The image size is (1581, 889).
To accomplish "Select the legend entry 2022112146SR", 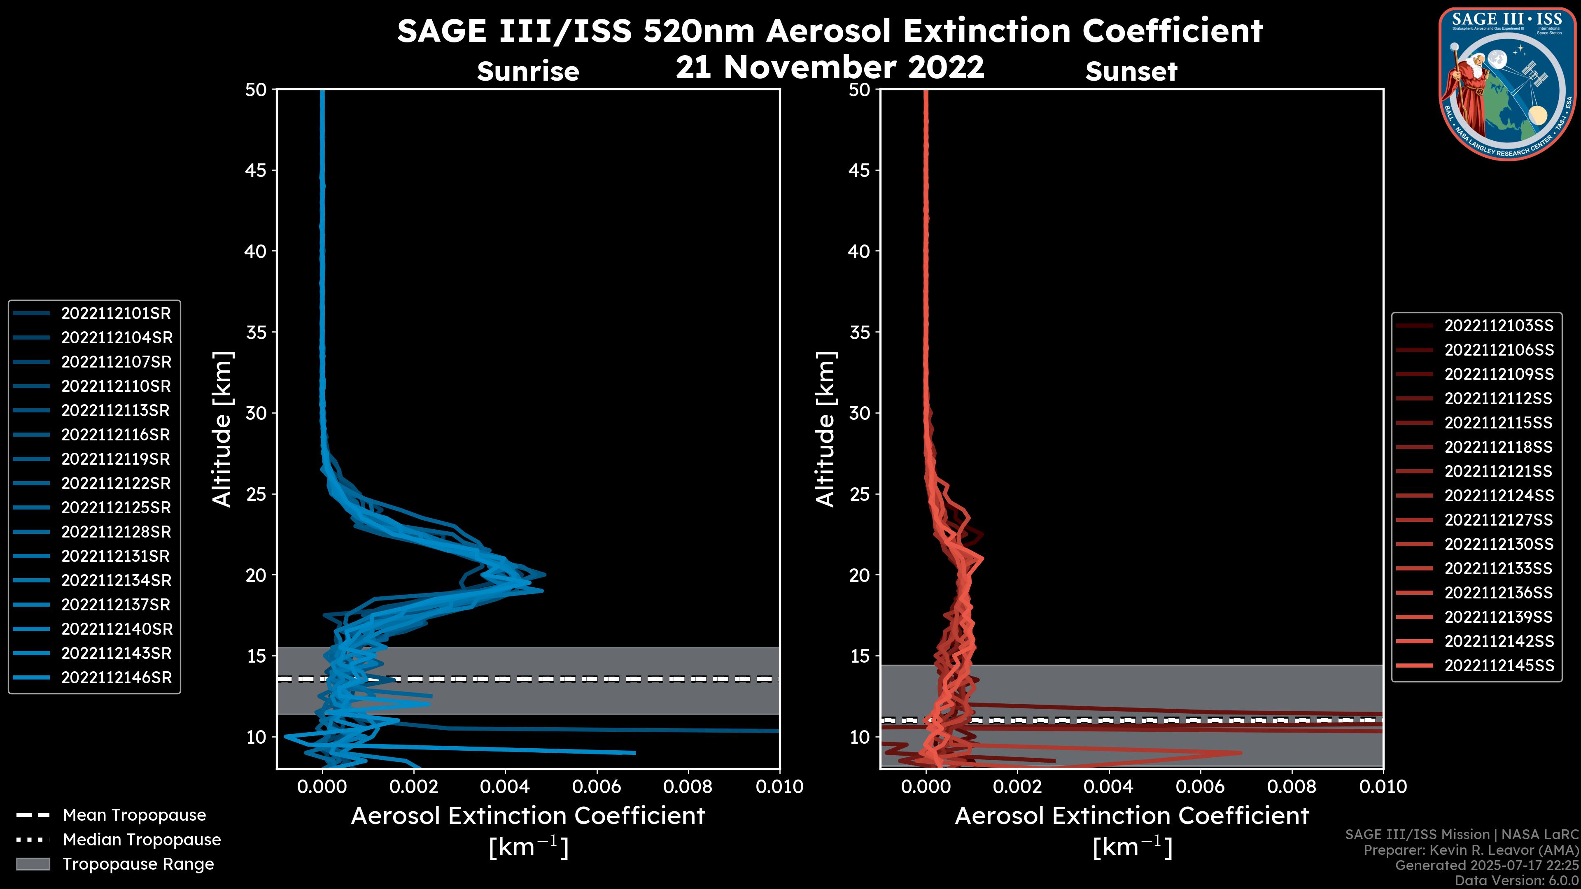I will [116, 678].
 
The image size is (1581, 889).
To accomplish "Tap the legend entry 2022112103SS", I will [1499, 326].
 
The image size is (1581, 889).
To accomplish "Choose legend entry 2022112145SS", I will [1499, 666].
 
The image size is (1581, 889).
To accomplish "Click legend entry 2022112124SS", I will [1499, 496].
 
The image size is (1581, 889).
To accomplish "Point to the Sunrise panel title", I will [528, 72].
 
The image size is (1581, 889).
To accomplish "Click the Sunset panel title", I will [1131, 72].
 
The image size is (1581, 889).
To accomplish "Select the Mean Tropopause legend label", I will [134, 815].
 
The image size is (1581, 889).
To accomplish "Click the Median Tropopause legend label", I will [142, 840].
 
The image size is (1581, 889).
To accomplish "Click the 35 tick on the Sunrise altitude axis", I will [257, 333].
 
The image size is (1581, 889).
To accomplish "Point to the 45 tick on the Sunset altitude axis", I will [860, 170].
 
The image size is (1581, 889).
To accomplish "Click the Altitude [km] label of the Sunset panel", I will [825, 429].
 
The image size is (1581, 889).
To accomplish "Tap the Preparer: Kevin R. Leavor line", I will [1471, 850].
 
